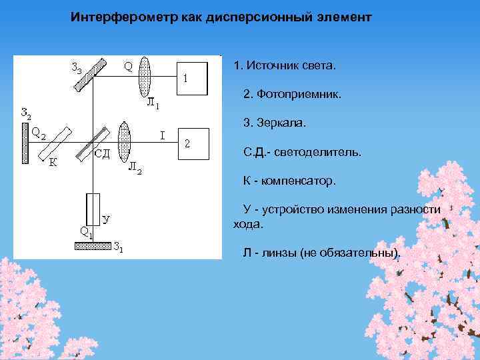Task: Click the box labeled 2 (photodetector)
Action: point(193,143)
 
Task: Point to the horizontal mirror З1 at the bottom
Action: point(93,245)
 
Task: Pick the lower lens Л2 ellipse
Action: point(123,142)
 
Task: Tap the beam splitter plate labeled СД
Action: point(93,143)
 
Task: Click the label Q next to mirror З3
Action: point(127,65)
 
